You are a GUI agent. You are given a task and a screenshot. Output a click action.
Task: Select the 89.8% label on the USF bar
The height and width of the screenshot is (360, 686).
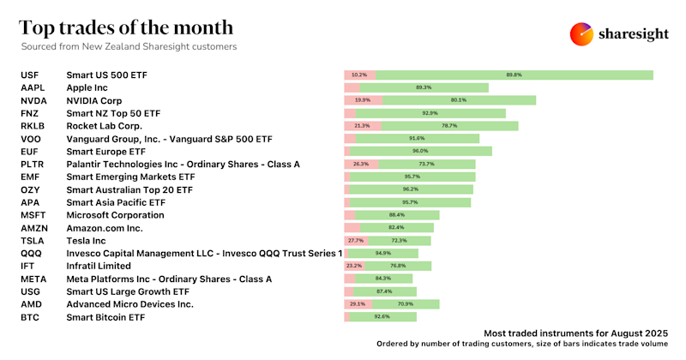514,75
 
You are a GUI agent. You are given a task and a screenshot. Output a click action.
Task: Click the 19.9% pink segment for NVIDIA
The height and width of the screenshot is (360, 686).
363,100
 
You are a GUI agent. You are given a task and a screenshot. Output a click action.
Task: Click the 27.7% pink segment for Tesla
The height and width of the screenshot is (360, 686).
357,241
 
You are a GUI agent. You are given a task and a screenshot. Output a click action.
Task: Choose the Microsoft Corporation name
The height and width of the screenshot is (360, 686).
115,215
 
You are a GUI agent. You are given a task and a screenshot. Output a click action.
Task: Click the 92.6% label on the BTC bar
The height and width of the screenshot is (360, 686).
382,317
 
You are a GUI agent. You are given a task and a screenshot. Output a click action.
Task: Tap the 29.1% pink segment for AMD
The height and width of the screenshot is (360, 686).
358,304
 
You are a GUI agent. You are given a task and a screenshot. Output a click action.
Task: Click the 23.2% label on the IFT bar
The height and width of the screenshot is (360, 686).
354,266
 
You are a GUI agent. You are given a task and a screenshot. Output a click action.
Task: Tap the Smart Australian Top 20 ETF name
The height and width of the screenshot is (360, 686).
129,189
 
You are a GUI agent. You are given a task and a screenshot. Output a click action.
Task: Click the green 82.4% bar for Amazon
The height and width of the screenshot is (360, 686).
396,228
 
